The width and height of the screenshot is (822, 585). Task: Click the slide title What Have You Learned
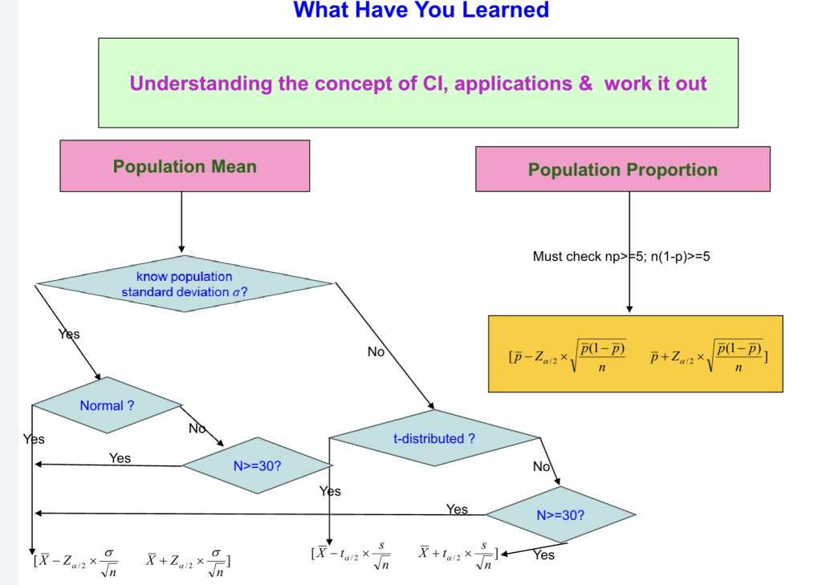pos(421,10)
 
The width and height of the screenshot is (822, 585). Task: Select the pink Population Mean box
pos(185,166)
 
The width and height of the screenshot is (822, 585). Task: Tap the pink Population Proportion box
pos(622,169)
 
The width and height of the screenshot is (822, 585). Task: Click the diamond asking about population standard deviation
pos(185,284)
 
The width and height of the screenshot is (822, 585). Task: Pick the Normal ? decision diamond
pos(107,406)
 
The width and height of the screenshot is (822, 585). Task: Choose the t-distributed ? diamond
pos(434,439)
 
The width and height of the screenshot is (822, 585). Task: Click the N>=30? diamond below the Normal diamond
pos(257,465)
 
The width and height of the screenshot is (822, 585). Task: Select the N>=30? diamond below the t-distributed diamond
pos(560,514)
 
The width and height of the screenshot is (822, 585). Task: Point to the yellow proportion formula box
pos(635,353)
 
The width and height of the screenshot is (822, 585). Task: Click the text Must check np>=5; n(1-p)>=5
pos(621,257)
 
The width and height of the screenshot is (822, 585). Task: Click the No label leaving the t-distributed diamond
pos(541,466)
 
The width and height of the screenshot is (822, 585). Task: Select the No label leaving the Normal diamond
pos(197,429)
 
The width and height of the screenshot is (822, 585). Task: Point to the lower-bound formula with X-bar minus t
pos(351,555)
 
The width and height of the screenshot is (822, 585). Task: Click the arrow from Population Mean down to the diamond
pos(181,221)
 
